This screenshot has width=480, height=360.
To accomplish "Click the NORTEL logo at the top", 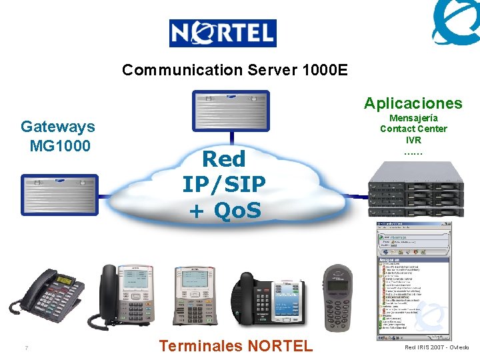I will click(222, 33).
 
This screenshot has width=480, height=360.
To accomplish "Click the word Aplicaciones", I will click(413, 103).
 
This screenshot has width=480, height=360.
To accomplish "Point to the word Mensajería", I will click(413, 117).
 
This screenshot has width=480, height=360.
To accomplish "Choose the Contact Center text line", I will click(413, 129).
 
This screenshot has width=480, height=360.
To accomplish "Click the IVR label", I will click(413, 140).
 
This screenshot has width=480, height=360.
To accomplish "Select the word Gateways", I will click(58, 127).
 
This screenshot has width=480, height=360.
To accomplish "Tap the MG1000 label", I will click(60, 145).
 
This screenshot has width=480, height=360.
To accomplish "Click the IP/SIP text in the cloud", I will click(224, 184).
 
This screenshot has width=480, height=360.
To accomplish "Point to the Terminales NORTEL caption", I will click(236, 345).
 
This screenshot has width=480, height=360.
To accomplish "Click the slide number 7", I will click(25, 348).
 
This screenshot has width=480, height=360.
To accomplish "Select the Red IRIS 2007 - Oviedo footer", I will click(437, 347).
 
